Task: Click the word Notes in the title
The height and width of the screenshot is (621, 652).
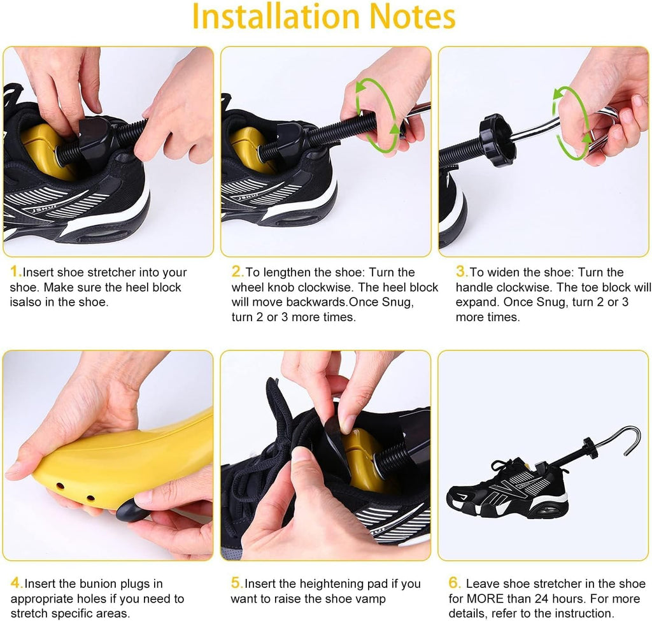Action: point(412,17)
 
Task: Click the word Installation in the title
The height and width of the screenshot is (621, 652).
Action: point(276,17)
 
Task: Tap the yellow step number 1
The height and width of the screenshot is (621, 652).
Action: point(15,271)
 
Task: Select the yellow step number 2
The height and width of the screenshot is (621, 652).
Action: point(237,271)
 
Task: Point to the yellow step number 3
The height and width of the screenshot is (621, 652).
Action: point(461,271)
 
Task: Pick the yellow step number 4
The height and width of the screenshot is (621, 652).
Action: point(16,583)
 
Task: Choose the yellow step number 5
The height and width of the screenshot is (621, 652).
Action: point(236,583)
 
